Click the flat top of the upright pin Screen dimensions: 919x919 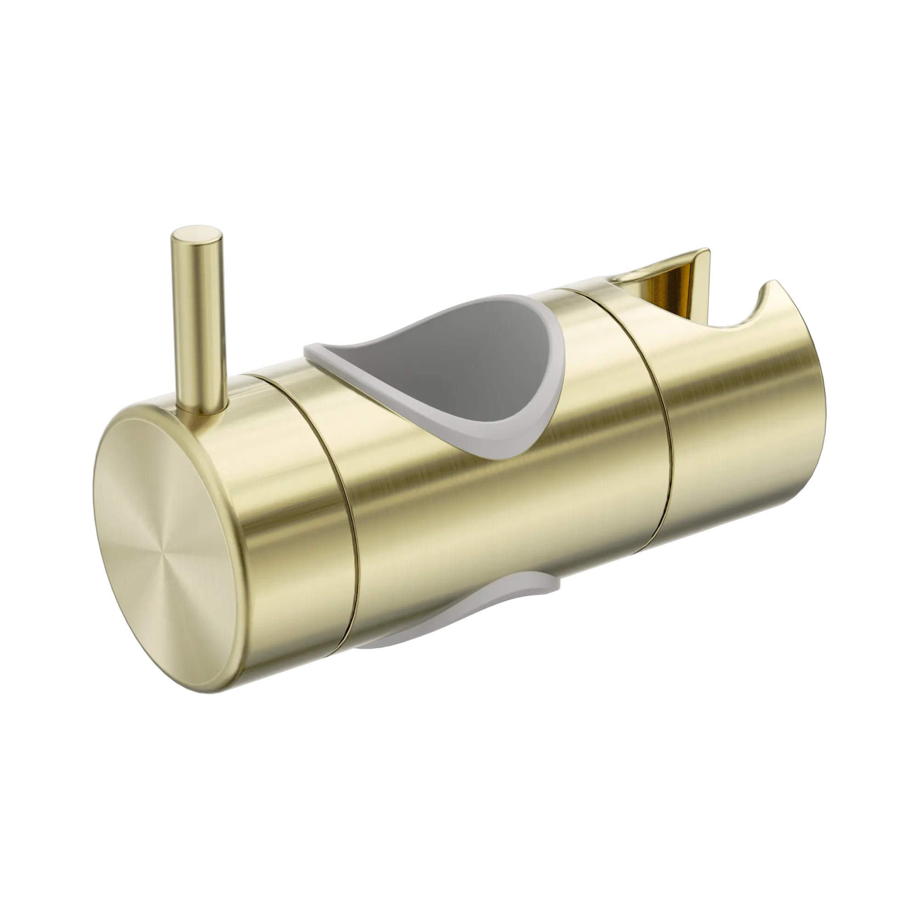198,236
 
